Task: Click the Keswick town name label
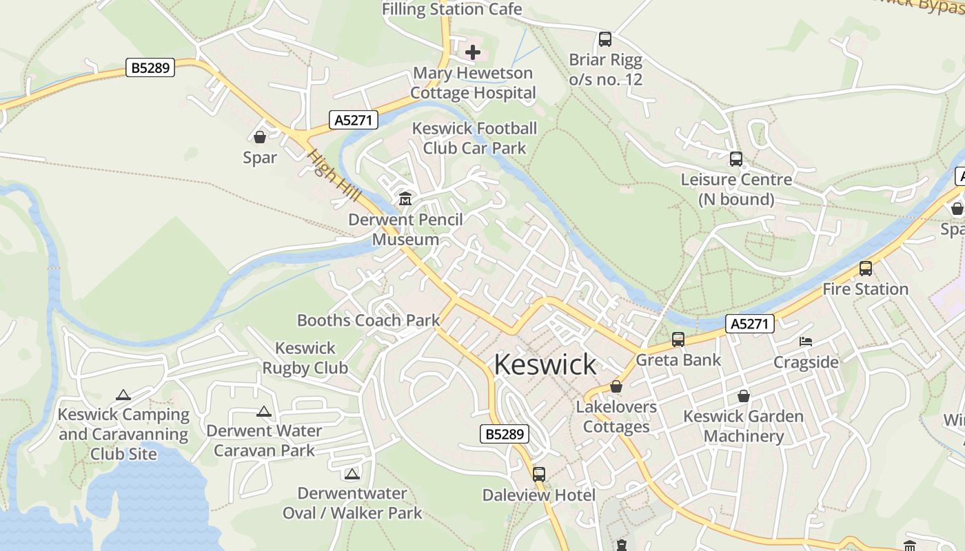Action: [545, 364]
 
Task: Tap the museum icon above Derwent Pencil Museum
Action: [405, 199]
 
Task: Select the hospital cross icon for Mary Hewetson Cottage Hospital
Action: [473, 52]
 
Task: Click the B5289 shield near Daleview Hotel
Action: [504, 434]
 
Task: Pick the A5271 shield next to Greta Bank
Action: [750, 324]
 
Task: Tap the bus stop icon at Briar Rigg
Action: [605, 39]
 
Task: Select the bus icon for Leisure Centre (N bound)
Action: [736, 159]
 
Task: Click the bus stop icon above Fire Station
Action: [866, 269]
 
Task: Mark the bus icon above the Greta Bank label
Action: [678, 340]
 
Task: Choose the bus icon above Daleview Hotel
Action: [539, 475]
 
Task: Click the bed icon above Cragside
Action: [806, 342]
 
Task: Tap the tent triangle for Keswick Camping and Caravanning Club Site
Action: [123, 395]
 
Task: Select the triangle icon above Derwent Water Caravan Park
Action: [263, 412]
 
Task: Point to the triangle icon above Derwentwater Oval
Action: [352, 474]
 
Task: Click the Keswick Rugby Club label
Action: [305, 358]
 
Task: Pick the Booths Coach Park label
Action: [368, 320]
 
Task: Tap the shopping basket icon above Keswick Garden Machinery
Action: [744, 396]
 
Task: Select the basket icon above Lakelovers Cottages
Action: [616, 387]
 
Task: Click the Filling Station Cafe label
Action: [451, 9]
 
